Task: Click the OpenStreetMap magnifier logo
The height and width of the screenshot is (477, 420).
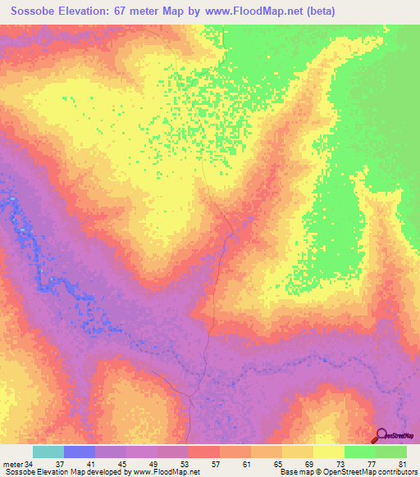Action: [x=382, y=435]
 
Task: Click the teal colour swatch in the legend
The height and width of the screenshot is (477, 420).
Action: [x=48, y=452]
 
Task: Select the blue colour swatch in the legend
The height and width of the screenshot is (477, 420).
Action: [x=80, y=452]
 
